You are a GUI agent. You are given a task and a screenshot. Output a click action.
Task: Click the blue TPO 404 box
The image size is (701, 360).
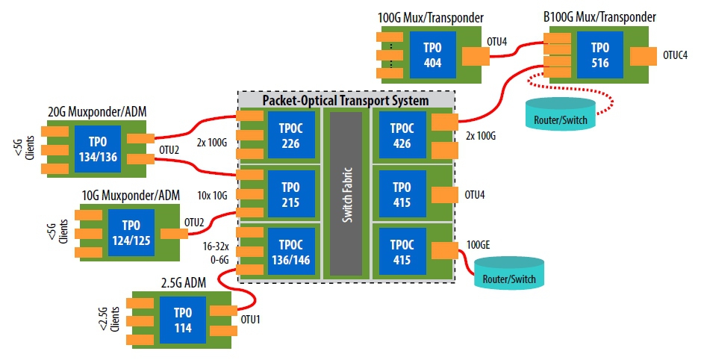pos(432,54)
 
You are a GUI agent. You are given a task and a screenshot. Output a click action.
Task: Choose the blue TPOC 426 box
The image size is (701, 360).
pos(402,134)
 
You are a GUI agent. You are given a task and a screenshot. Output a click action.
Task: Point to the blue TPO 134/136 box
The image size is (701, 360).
pos(98,146)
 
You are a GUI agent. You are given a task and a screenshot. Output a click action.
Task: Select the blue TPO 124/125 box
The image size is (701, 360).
pos(130,232)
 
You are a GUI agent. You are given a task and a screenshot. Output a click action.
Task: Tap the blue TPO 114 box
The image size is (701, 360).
pos(182,320)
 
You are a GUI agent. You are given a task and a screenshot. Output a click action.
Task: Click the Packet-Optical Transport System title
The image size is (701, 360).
pos(346,100)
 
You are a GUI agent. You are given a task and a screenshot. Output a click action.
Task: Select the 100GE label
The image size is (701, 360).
pos(479,245)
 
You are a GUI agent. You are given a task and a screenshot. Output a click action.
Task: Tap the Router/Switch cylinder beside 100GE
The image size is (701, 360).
pos(510,274)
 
